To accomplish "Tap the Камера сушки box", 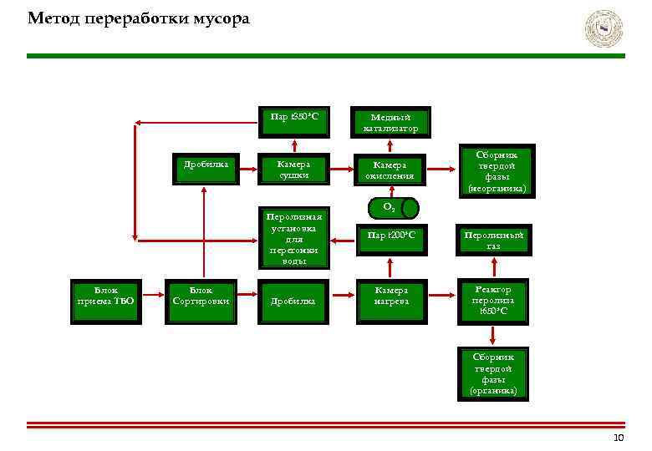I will click(293, 170).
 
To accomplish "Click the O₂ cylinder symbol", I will click(390, 206).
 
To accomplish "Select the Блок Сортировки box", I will click(201, 296).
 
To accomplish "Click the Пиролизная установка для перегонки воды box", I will click(293, 239).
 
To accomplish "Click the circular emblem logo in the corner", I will click(604, 29).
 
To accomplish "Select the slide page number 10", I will click(619, 438).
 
